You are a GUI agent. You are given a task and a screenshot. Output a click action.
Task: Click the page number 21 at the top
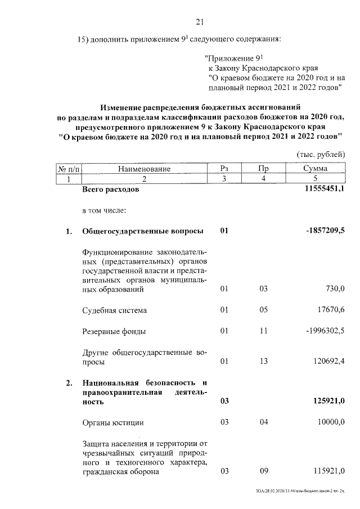(199, 22)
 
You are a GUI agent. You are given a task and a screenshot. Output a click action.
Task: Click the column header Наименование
(144, 168)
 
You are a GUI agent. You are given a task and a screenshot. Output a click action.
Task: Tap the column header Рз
(224, 168)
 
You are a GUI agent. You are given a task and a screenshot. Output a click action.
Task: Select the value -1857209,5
(325, 231)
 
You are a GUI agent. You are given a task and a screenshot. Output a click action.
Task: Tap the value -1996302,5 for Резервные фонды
(325, 330)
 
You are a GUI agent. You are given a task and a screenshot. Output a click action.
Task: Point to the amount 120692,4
(327, 361)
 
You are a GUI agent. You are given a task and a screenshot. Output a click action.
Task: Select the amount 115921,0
(328, 471)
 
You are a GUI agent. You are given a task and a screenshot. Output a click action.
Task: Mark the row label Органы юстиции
(112, 423)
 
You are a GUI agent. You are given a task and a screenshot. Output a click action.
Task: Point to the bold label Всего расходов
(110, 190)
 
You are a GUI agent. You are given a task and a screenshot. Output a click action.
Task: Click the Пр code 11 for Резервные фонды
(263, 330)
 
